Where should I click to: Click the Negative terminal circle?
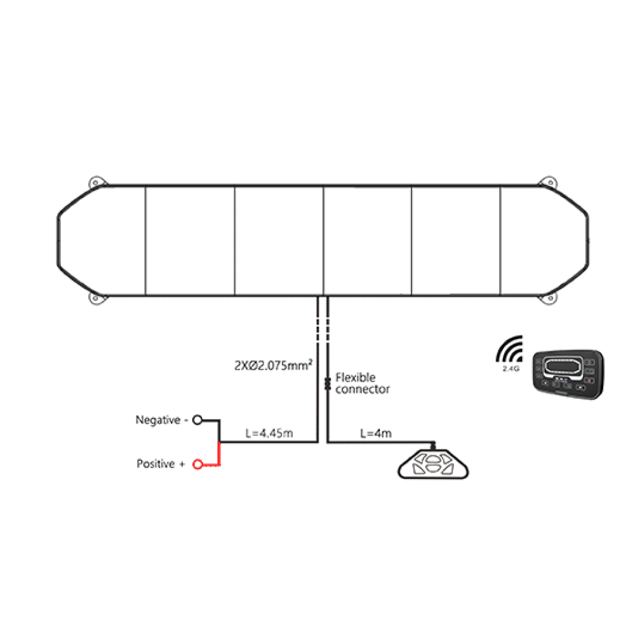pos(197,420)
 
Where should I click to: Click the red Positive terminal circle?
pos(197,464)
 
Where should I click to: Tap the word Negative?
pos(158,420)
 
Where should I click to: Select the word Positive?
pos(156,464)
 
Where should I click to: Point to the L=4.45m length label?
pos(269,433)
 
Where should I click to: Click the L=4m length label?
pos(376,433)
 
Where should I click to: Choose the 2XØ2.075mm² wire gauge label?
pos(273,365)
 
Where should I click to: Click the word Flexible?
pos(355,377)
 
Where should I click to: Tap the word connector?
pos(363,389)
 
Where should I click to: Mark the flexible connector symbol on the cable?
pos(328,384)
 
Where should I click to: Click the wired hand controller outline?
pos(433,464)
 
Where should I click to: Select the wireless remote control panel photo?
pos(568,374)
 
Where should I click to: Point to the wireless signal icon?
pos(509,349)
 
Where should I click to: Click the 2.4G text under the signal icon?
pos(511,368)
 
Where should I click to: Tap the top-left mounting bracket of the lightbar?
pos(97,182)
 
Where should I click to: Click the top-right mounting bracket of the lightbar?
pos(549,182)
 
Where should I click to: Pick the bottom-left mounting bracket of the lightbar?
pos(97,298)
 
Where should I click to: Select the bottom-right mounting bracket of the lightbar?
pos(549,298)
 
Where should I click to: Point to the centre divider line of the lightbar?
pos(324,241)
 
